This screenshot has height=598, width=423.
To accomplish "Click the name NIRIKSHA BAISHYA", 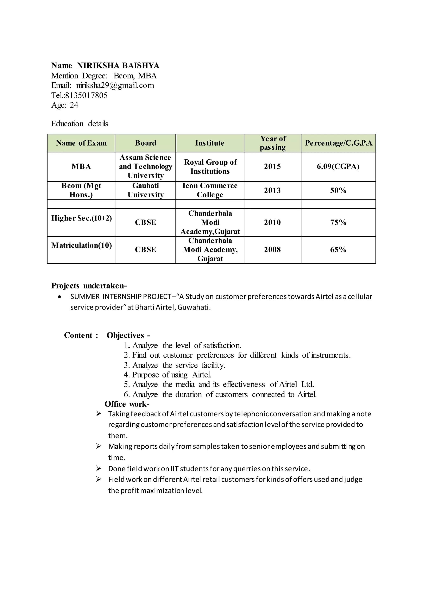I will tap(118, 65).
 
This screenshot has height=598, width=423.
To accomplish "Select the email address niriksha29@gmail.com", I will tap(115, 85).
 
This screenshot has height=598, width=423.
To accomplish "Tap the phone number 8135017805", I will tap(86, 95).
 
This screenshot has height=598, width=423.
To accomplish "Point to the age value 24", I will tap(74, 105).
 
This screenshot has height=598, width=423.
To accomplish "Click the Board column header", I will tap(145, 143).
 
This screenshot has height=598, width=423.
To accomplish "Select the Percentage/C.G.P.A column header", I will tap(338, 143).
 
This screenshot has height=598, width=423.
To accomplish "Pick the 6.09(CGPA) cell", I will tap(338, 166).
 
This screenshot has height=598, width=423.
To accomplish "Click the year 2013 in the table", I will tap(272, 190).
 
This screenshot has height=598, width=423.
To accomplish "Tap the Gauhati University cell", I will tap(145, 190).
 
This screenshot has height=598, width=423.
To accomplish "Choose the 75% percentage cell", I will tap(338, 222).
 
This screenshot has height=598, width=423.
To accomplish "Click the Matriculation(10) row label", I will tap(81, 245).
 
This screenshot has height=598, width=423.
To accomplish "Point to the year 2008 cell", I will tap(272, 249).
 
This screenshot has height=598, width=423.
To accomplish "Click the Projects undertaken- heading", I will tap(89, 286).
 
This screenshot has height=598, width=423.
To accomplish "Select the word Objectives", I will tap(125, 335).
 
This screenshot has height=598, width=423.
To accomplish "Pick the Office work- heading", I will tap(127, 404).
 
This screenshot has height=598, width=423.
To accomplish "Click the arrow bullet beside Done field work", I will tap(99, 469).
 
